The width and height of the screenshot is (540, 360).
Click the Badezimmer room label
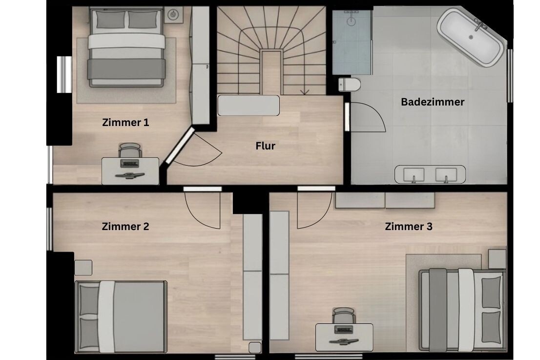tap(433, 102)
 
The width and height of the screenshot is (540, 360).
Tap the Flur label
tap(265, 146)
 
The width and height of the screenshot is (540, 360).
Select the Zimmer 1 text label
tap(125, 122)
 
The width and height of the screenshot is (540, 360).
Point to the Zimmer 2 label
tap(125, 226)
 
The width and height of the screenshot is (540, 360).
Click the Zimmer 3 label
tap(409, 226)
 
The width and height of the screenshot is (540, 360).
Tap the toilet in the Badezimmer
tap(349, 85)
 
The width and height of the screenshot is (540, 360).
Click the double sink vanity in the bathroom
tap(430, 174)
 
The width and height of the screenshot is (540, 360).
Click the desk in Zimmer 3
tap(344, 337)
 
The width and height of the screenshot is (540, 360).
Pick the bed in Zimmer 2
tap(121, 317)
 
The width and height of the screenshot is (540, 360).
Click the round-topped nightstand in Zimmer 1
tap(173, 15)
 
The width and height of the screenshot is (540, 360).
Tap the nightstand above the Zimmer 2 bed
tap(83, 268)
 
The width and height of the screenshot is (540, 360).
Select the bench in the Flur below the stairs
tap(249, 106)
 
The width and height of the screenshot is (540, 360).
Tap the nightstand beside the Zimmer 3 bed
tap(497, 259)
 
